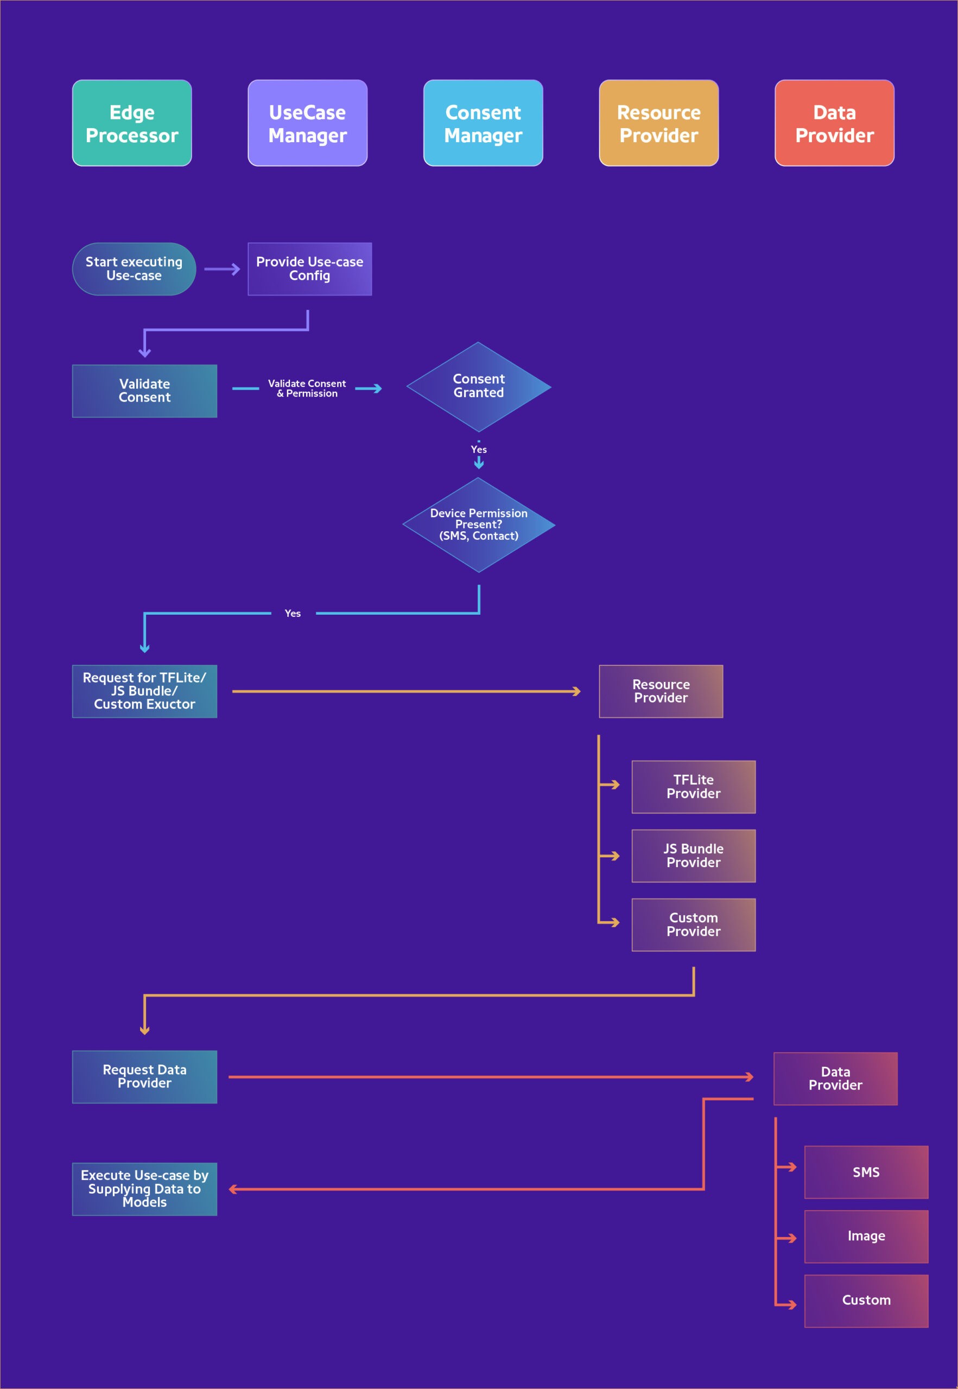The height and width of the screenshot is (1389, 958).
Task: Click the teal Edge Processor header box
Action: pos(132,123)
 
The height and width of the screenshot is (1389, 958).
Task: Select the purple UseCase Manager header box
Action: pos(307,123)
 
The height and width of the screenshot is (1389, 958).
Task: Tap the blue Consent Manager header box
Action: pos(483,123)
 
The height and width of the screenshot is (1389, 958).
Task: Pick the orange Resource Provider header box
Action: pos(658,123)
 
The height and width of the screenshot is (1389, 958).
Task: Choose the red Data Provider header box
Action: pos(834,123)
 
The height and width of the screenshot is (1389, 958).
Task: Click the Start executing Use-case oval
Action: pos(134,269)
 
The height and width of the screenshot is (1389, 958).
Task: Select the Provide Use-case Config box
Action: pos(310,269)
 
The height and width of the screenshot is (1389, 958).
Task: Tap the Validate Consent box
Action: pos(145,391)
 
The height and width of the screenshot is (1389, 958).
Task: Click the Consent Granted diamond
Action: pos(478,387)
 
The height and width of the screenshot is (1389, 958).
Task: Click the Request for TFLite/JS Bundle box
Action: pos(145,691)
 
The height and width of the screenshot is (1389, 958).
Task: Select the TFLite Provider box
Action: pos(693,787)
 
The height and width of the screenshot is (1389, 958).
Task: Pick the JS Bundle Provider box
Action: pos(693,856)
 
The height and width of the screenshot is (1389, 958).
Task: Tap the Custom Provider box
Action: pos(693,925)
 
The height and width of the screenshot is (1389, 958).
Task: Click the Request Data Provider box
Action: pos(145,1076)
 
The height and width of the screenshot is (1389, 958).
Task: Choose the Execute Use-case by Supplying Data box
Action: pos(145,1189)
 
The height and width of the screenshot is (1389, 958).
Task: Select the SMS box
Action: pos(866,1173)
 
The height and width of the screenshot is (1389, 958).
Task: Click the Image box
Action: pos(866,1237)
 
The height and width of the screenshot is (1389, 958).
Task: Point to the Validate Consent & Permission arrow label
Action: pos(307,388)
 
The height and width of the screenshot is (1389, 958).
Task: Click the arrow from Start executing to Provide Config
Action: pos(222,269)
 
